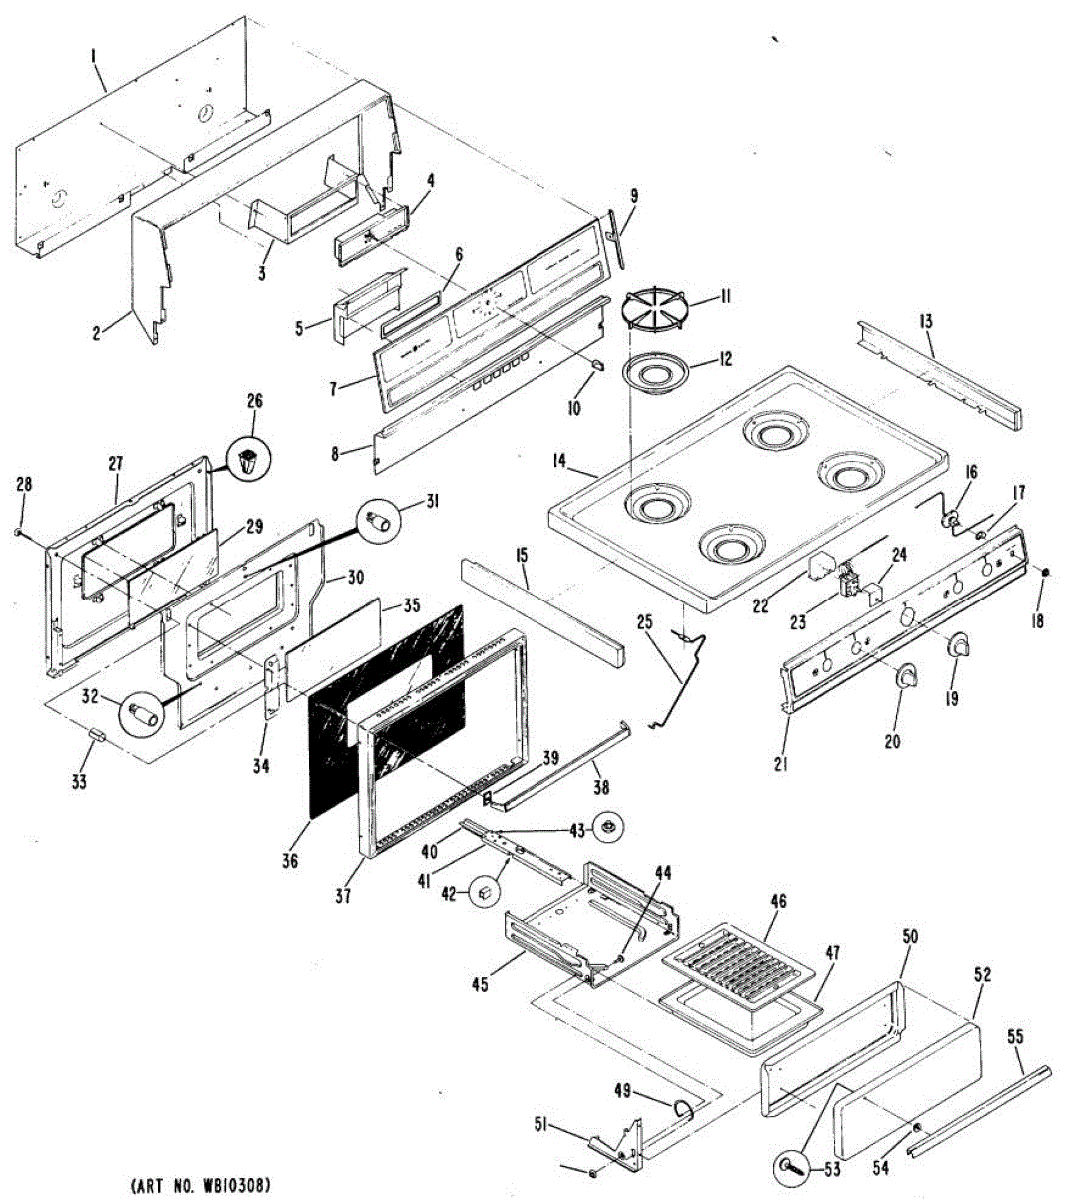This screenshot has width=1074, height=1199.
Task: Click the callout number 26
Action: [x=254, y=402]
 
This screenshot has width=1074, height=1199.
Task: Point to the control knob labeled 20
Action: [x=907, y=677]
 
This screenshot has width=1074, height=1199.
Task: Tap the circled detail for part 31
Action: [x=381, y=521]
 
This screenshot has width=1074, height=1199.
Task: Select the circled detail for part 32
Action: [x=142, y=715]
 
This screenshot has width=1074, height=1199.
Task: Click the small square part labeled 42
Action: [x=484, y=892]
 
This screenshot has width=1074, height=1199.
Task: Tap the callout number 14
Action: [x=559, y=462]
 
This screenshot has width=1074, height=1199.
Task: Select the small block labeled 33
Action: [x=98, y=735]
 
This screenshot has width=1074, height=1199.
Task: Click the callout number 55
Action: [x=1015, y=1039]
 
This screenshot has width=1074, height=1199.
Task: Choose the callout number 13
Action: [x=926, y=321]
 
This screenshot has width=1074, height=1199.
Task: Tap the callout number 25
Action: [x=644, y=622]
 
